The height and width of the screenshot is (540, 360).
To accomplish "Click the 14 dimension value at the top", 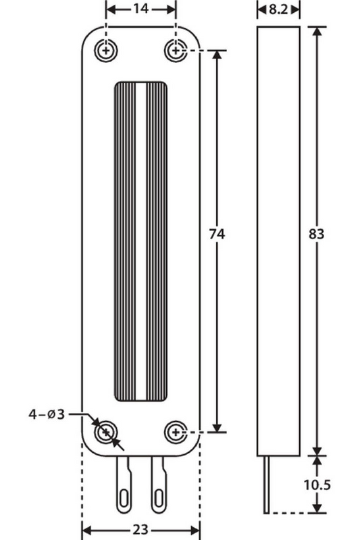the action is (x=140, y=9).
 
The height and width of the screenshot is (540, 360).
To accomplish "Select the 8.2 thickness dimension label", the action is (x=278, y=9).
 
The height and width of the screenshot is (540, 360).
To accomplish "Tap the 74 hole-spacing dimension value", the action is (x=217, y=235).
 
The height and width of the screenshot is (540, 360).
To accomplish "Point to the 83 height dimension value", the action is (x=316, y=235).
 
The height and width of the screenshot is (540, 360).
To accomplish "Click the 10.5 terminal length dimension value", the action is (x=317, y=485).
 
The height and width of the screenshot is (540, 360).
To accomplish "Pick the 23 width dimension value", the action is (x=140, y=530).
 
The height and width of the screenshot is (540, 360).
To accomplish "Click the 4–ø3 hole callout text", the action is (x=47, y=414).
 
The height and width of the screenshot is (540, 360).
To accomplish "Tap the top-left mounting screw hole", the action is (x=106, y=51).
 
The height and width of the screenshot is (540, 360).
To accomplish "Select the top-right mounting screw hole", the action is (x=176, y=51).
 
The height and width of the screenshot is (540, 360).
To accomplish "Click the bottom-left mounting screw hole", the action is (x=106, y=432).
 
